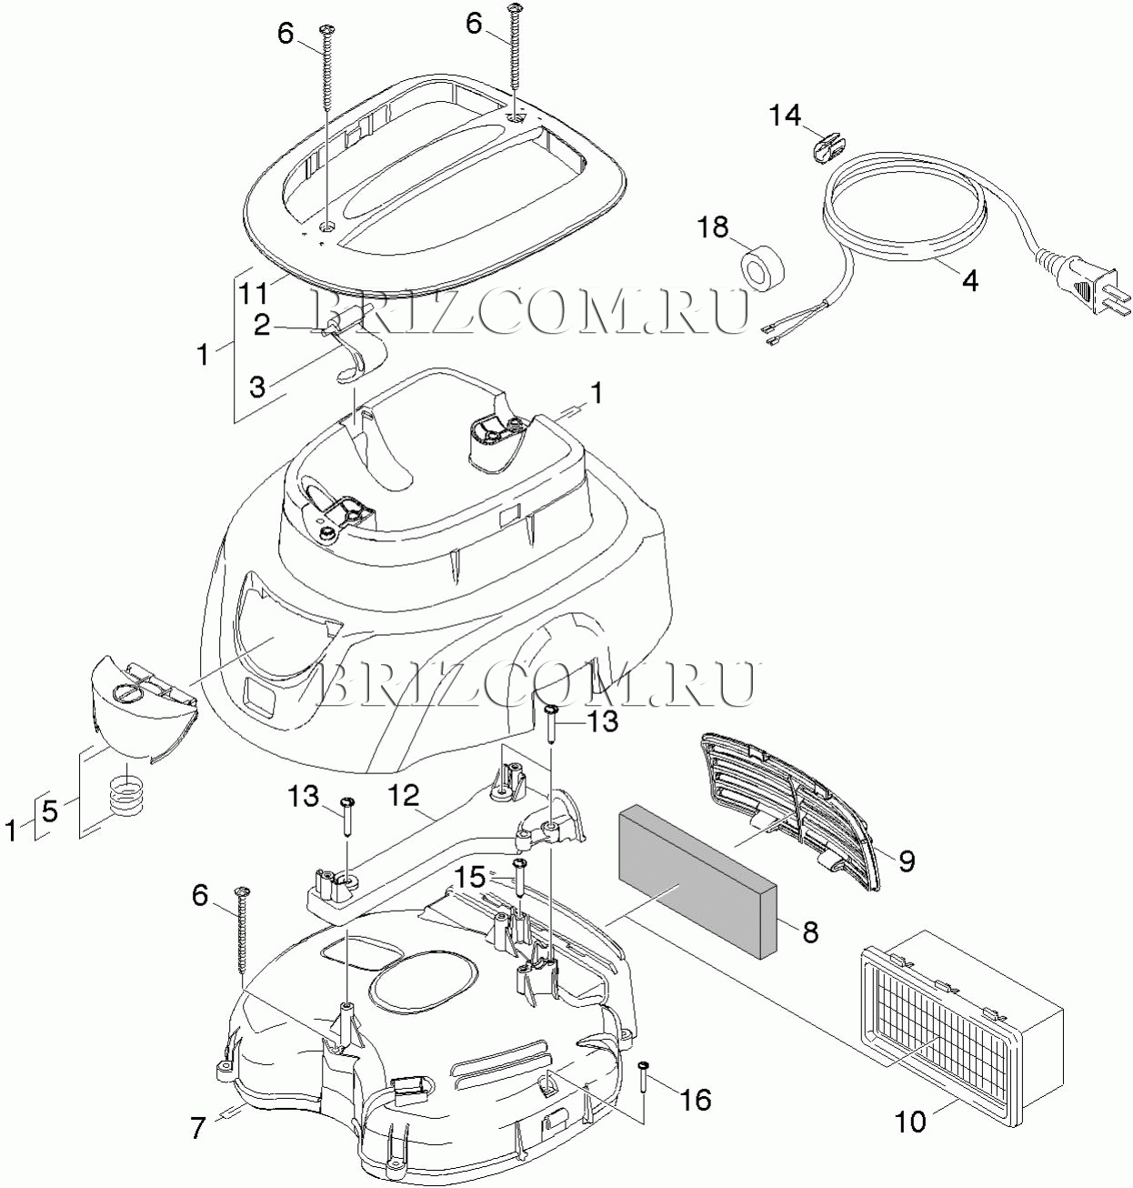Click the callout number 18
(x=713, y=228)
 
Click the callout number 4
(x=969, y=281)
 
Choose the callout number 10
(x=909, y=1122)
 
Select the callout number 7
(x=199, y=1128)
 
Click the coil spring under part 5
(x=126, y=800)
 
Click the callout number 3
(x=257, y=387)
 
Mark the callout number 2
(x=262, y=326)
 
